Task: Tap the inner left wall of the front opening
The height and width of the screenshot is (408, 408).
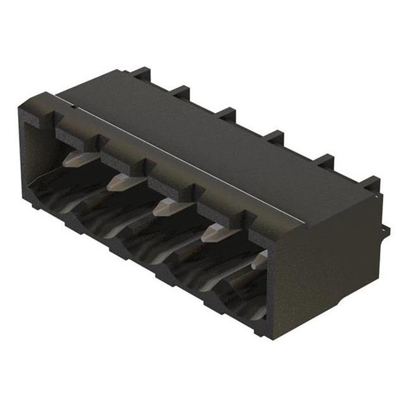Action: [x=35, y=153]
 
